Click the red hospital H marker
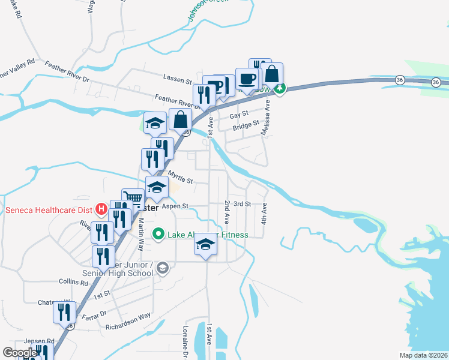click(x=102, y=209)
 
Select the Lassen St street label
click(x=177, y=77)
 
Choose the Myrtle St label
click(x=180, y=178)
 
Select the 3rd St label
click(x=242, y=204)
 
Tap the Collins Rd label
click(x=74, y=281)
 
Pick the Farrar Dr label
click(x=94, y=313)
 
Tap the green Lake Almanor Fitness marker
click(x=158, y=234)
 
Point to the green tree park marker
click(x=280, y=89)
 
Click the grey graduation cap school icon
click(x=162, y=268)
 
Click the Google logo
click(x=20, y=353)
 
